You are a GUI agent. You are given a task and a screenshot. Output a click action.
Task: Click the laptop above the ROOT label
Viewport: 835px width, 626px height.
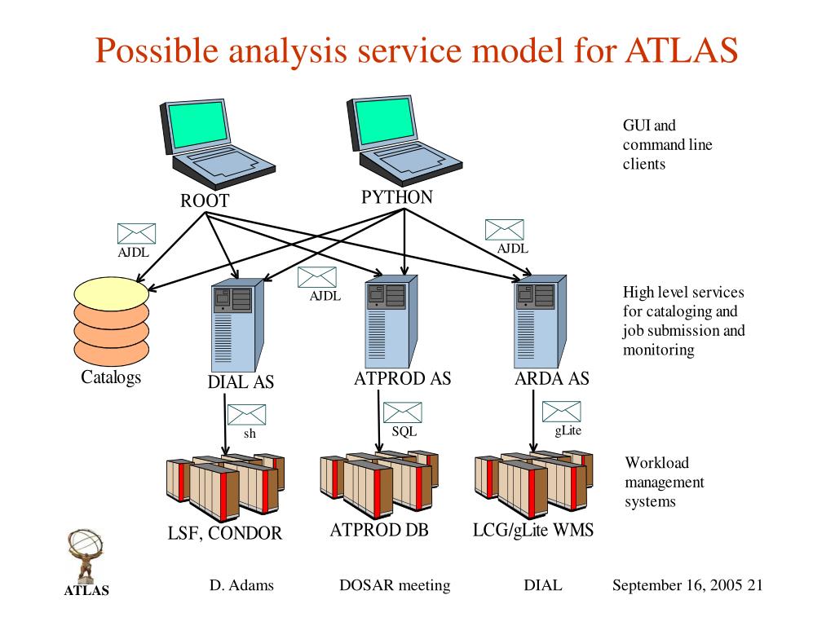click(217, 143)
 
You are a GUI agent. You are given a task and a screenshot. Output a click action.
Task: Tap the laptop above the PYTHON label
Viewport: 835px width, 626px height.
click(404, 140)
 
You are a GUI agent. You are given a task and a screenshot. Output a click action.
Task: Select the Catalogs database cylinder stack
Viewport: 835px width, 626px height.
click(111, 321)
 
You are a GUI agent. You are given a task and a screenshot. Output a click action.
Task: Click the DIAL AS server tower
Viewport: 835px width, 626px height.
click(237, 325)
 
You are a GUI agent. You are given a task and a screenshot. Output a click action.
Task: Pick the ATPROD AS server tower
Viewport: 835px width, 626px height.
click(391, 321)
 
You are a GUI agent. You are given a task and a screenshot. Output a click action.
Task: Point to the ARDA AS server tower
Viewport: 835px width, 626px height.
click(540, 321)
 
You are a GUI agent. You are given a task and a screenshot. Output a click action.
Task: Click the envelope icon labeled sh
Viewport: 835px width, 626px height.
click(246, 415)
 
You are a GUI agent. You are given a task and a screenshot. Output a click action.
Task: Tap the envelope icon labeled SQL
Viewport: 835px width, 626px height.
click(403, 412)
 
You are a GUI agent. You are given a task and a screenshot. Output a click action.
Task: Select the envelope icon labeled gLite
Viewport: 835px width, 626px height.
click(561, 412)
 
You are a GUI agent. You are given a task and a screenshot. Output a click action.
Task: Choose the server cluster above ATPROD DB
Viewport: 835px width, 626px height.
click(379, 484)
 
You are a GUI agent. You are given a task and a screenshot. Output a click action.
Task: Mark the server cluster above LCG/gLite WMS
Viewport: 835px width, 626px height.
click(533, 484)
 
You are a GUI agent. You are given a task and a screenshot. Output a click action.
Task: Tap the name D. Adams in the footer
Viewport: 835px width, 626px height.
click(241, 585)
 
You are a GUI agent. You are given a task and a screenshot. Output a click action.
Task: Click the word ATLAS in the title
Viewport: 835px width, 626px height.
click(682, 51)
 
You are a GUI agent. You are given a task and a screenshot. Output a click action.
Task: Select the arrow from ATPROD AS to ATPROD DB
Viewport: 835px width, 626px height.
click(378, 421)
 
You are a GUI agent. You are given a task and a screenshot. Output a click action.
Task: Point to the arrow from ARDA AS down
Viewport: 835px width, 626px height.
click(533, 421)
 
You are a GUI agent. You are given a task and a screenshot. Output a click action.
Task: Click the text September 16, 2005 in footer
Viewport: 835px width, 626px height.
click(678, 585)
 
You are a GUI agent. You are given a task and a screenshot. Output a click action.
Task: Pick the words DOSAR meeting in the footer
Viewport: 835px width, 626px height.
click(395, 585)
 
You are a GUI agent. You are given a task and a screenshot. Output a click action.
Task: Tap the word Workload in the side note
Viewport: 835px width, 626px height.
click(656, 463)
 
